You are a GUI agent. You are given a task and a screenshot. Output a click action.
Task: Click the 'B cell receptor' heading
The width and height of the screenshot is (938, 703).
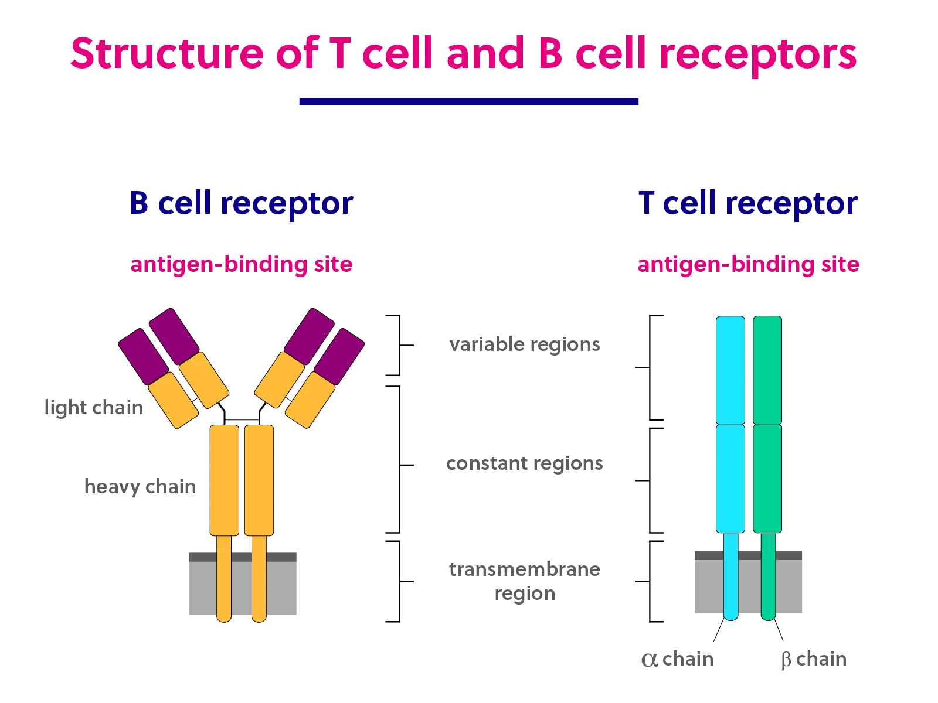[242, 203]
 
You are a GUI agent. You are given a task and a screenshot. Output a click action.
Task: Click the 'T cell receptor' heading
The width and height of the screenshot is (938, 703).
[749, 203]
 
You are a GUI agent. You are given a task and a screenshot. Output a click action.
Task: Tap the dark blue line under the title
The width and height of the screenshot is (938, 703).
[468, 101]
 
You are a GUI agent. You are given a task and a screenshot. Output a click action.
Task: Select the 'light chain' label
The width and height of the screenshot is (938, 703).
[94, 408]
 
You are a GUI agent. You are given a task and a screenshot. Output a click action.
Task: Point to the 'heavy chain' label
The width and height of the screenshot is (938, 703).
[141, 488]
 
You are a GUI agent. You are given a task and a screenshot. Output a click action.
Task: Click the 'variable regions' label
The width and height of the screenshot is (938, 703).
[523, 344]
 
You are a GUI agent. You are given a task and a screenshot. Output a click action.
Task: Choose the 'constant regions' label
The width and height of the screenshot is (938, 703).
[525, 466]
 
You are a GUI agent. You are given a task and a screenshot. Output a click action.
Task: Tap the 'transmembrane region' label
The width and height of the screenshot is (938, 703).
[523, 580]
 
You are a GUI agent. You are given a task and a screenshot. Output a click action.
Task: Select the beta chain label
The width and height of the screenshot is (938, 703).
[814, 659]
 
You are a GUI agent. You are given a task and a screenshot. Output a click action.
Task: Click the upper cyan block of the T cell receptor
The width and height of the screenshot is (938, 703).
[730, 369]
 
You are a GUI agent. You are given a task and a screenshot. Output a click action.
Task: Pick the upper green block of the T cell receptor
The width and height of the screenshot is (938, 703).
[767, 369]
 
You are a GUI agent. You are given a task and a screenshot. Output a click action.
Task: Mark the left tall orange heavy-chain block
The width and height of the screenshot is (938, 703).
[225, 480]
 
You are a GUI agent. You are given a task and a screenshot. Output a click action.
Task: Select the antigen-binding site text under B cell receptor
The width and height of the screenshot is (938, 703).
[242, 265]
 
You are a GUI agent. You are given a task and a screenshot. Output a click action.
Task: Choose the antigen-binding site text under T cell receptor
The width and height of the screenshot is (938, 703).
[749, 265]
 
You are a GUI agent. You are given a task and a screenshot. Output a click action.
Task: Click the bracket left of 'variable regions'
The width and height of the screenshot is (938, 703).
[401, 344]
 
